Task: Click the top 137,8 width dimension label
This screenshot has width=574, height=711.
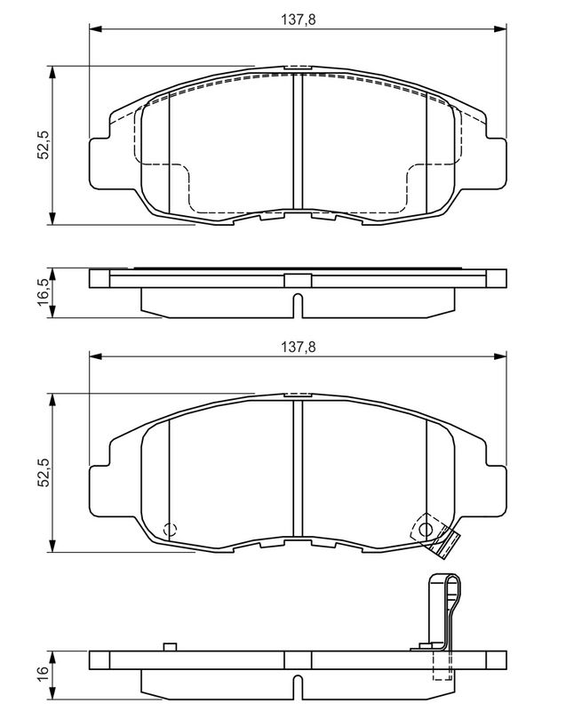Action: click(x=298, y=19)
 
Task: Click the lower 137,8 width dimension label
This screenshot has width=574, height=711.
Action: click(x=298, y=347)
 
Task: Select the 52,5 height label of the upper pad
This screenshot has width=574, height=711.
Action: click(x=44, y=145)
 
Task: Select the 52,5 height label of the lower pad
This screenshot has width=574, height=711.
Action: click(x=44, y=473)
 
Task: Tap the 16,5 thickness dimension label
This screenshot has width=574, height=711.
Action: click(x=44, y=292)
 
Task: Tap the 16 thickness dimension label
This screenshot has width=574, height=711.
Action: click(x=44, y=674)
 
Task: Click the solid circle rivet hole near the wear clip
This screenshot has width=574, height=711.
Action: click(x=426, y=529)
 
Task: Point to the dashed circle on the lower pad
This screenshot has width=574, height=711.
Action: click(x=170, y=529)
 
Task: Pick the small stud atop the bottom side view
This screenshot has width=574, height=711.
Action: click(x=169, y=647)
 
